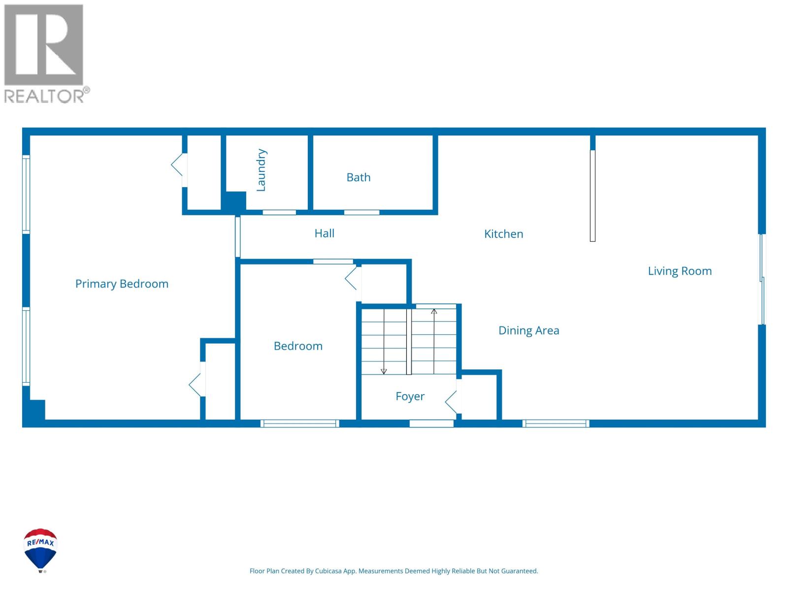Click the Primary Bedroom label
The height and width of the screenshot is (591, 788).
point(122,284)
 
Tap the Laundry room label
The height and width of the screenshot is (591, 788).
point(261,170)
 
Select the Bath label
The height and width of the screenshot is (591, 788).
point(358,177)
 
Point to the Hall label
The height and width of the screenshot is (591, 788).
point(324,233)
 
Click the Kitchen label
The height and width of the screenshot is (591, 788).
point(503,234)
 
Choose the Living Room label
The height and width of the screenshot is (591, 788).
point(679,271)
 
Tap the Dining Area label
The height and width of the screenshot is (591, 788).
point(528,330)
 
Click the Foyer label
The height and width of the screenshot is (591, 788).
point(410,396)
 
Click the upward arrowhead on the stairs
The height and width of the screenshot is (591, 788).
point(434,312)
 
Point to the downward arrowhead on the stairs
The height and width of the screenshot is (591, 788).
point(384,371)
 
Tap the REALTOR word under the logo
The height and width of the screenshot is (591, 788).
point(44,96)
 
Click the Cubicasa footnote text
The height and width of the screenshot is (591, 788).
point(394,571)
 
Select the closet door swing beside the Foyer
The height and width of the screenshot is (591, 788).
point(452,402)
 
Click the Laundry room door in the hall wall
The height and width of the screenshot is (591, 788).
point(279,212)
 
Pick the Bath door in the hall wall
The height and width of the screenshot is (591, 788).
point(361,212)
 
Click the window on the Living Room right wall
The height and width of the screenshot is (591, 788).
point(762,279)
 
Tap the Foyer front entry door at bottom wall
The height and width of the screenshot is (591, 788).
point(431,423)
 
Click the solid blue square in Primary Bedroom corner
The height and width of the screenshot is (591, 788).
point(35,409)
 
